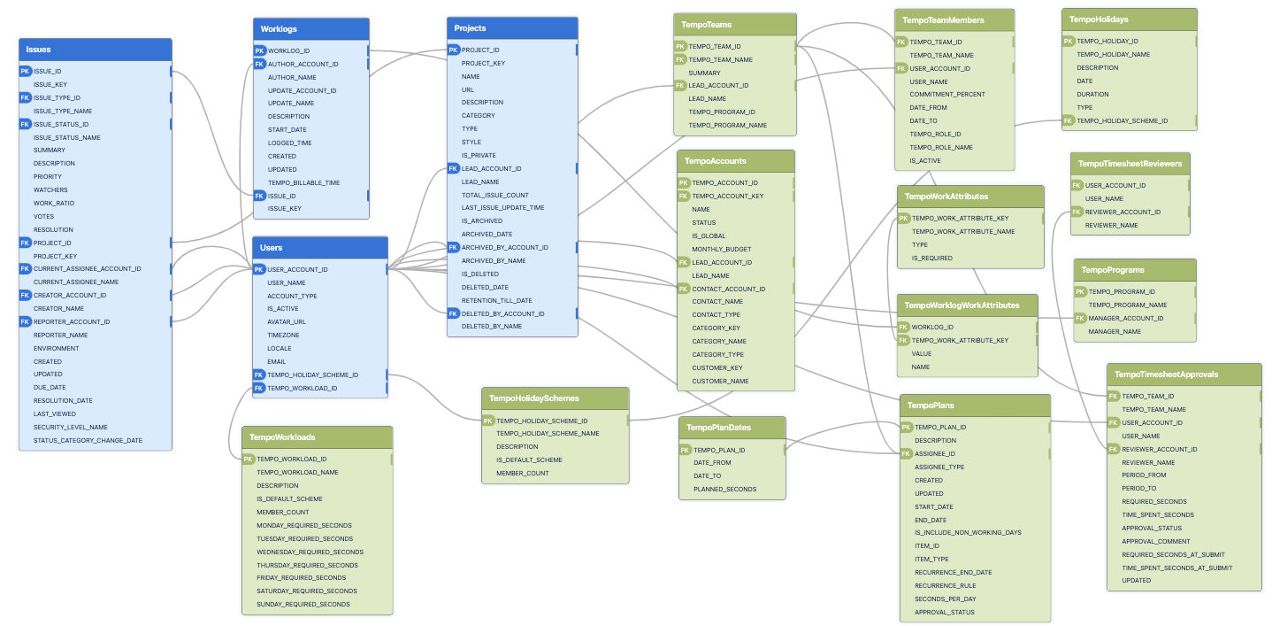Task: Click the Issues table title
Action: [x=39, y=50]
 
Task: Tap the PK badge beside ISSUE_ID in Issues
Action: [x=25, y=71]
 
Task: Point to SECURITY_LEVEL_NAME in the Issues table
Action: [x=70, y=427]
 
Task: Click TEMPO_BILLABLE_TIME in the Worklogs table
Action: [x=303, y=182]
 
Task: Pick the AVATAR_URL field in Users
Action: [x=287, y=322]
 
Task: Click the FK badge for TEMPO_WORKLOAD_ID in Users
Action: [x=259, y=388]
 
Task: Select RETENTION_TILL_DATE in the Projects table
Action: [x=496, y=300]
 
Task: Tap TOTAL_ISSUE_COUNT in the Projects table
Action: [x=494, y=195]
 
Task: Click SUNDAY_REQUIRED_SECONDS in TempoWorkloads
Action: [x=303, y=604]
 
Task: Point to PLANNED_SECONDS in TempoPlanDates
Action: [x=724, y=489]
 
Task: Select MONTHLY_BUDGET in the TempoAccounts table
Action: [x=721, y=249]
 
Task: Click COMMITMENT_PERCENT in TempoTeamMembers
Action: [x=946, y=94]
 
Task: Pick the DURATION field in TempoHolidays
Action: [x=1092, y=94]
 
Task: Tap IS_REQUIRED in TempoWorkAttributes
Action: [x=931, y=258]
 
